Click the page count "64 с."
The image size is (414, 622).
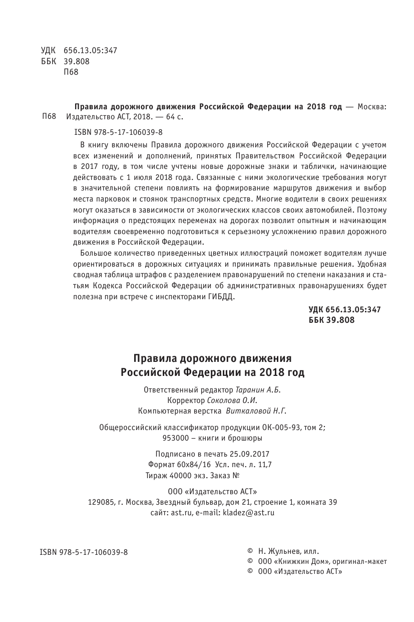(174, 117)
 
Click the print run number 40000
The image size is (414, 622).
(177, 475)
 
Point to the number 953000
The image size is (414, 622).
(175, 438)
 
